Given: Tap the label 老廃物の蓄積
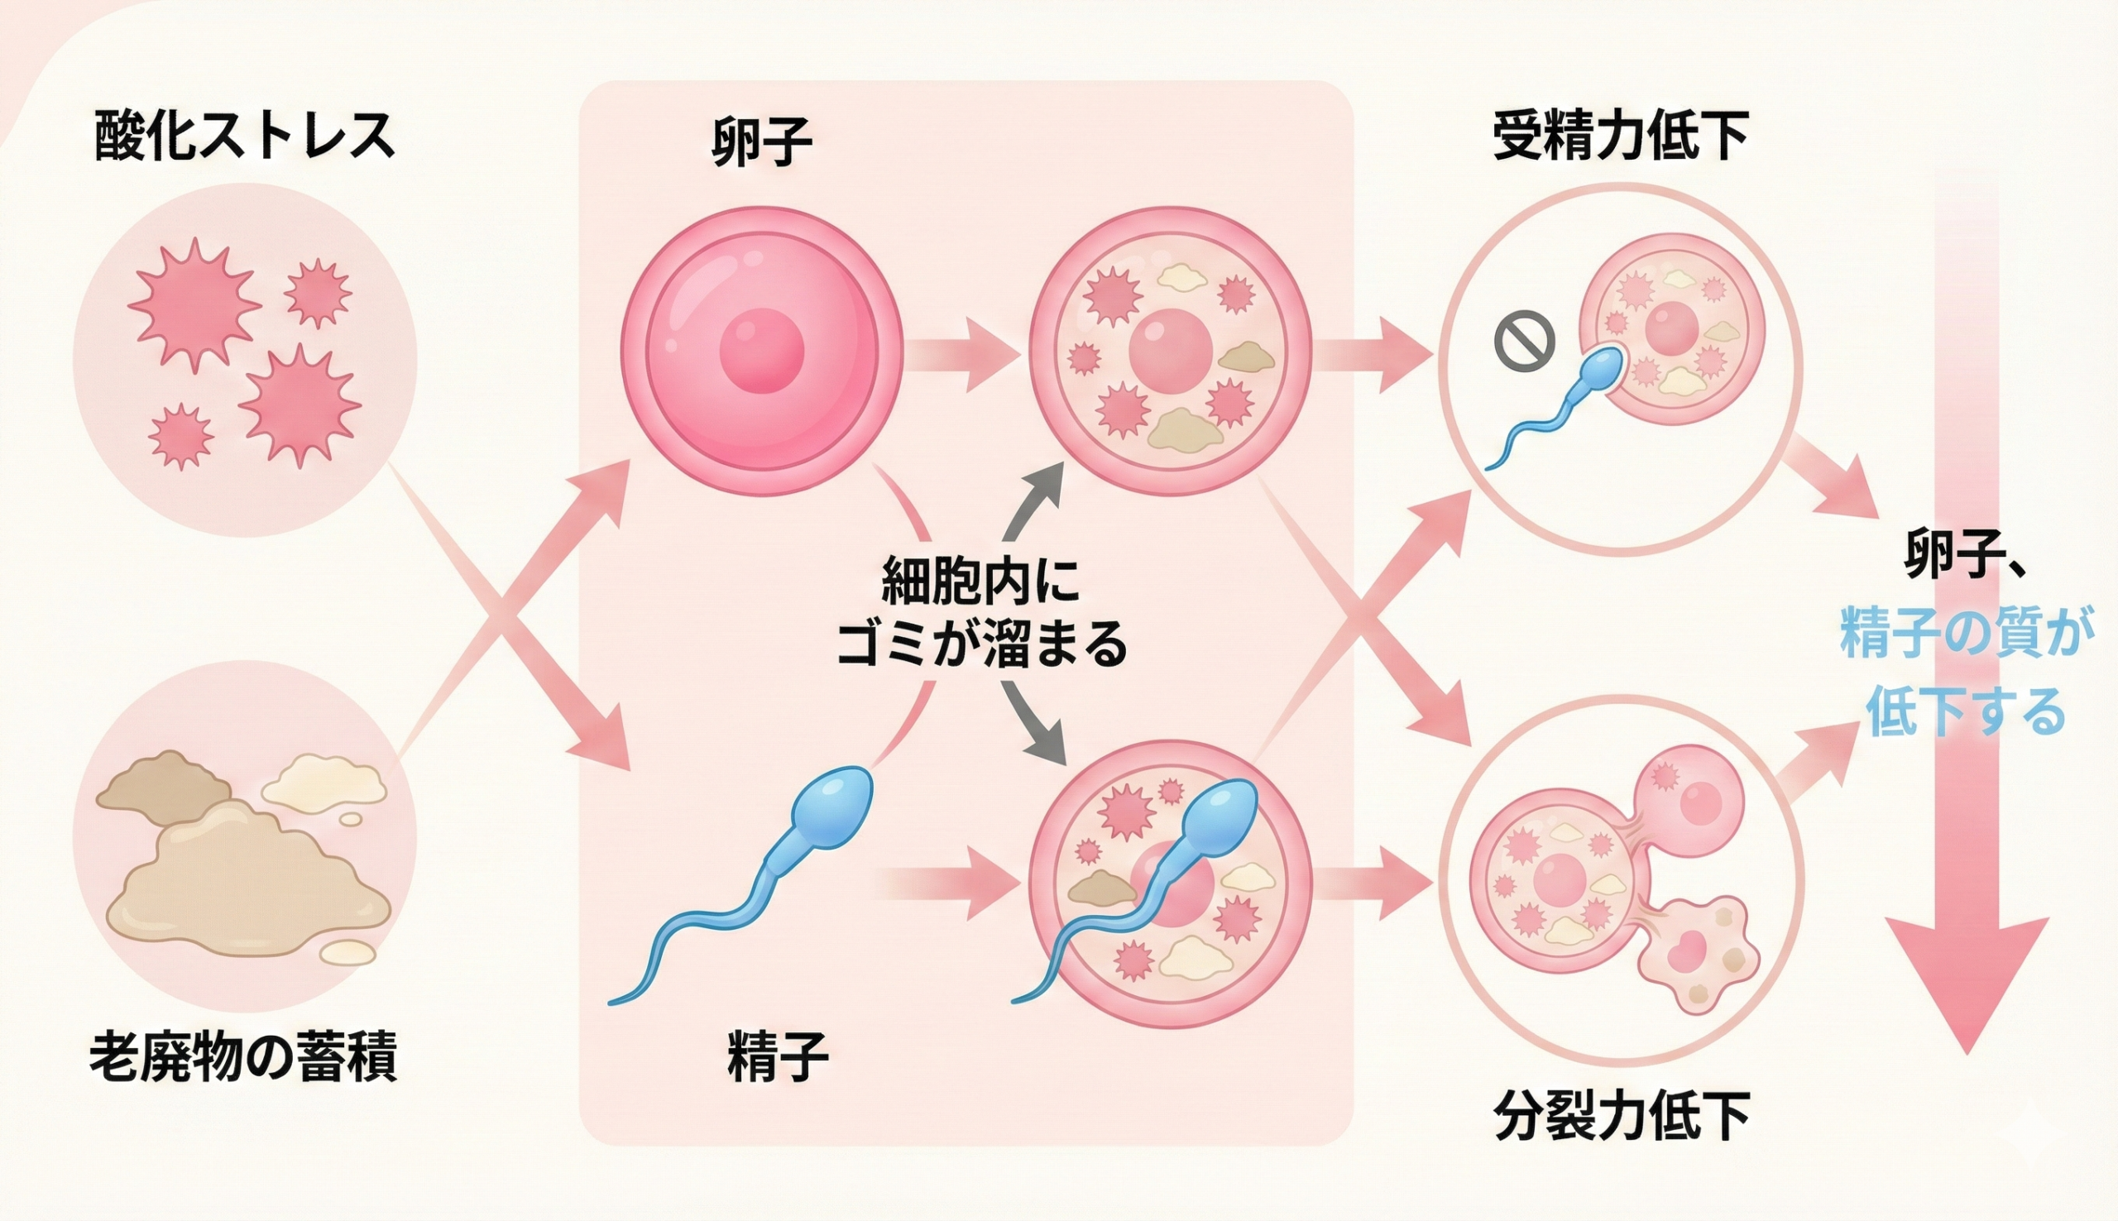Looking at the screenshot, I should point(243,1057).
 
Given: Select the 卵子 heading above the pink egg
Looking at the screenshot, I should point(761,141).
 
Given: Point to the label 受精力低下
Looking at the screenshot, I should point(1621,136).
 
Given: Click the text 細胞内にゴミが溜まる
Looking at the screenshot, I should point(981,612).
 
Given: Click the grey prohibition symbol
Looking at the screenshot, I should point(1524,341).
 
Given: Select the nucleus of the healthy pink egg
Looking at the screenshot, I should point(761,351).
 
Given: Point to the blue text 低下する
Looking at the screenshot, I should point(1966,711).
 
